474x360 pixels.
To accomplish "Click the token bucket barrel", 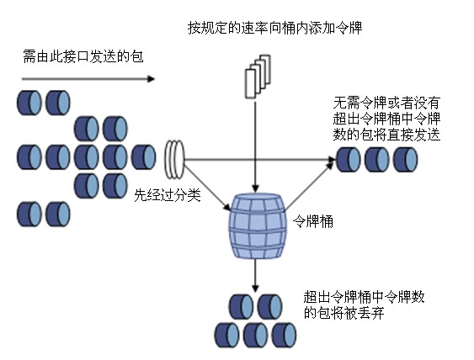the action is click(258, 226).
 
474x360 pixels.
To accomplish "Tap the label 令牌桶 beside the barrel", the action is click(313, 222).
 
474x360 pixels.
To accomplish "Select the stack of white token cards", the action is click(258, 77).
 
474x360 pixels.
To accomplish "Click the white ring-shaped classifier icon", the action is click(174, 159).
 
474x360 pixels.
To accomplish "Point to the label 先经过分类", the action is click(168, 195).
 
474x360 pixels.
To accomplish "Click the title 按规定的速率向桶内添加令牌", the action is click(274, 28).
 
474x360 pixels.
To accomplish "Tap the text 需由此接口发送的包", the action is click(83, 56).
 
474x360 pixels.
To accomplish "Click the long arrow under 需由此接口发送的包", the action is click(88, 79).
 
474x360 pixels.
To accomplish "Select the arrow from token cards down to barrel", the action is click(256, 147).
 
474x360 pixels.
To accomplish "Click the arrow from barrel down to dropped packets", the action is click(256, 275).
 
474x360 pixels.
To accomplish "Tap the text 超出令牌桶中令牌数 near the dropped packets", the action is click(365, 297).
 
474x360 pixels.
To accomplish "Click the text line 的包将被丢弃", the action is click(344, 313).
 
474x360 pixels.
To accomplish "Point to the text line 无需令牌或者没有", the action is click(386, 103).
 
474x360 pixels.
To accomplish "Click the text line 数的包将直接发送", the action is click(386, 134).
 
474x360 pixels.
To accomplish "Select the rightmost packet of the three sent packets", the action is click(405, 160).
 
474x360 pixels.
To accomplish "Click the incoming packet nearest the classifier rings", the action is click(144, 157).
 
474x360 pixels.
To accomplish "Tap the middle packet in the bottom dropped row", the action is click(255, 335).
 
